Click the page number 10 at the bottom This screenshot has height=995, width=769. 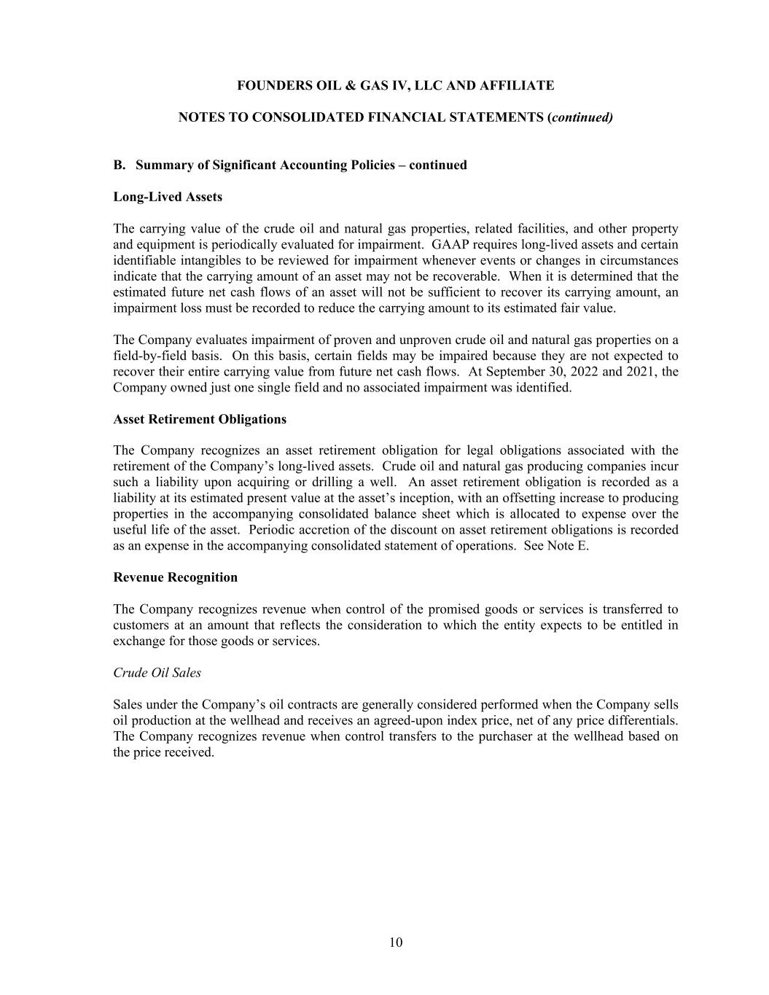coord(395,943)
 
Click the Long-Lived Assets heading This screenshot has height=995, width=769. coord(168,197)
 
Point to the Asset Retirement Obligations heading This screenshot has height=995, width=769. coord(200,419)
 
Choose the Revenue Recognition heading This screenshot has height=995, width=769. coord(175,577)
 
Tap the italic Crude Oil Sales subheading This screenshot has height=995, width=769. coord(157,673)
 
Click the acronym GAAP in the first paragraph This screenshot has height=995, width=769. coord(453,245)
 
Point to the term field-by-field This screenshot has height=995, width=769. coord(149,356)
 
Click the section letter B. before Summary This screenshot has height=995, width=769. coord(120,165)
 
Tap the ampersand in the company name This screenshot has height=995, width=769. coord(345,86)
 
